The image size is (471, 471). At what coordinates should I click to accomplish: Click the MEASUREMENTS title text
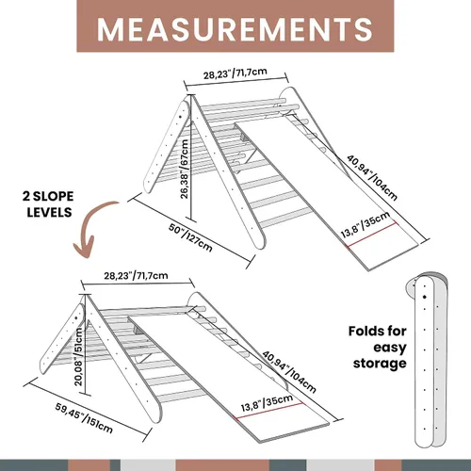tap(235, 29)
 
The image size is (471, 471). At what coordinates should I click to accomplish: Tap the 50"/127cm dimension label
tap(190, 237)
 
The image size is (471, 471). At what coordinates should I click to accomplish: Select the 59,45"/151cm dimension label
tap(84, 418)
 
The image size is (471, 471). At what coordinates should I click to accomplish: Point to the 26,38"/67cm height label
tap(185, 169)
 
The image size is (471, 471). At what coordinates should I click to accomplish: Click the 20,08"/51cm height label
tap(78, 357)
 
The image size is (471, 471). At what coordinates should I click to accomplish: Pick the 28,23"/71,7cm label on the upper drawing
tap(235, 73)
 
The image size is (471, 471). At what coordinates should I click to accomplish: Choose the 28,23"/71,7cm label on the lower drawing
tap(136, 276)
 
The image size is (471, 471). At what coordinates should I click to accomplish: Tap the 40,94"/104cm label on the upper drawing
tap(372, 177)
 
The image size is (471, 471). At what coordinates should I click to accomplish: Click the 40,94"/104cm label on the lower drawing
tap(289, 372)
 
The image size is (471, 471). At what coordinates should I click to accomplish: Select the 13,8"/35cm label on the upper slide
tap(365, 224)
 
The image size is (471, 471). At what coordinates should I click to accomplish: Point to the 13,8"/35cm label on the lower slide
tap(267, 403)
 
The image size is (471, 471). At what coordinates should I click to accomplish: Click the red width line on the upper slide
tap(372, 235)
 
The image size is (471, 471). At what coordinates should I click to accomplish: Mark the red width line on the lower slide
tap(268, 411)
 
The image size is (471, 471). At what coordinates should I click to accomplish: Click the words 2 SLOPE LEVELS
tap(48, 204)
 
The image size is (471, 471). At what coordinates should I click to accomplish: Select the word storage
tap(380, 364)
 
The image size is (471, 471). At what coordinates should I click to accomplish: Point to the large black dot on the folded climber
tap(425, 297)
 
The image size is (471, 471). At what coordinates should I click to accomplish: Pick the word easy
tap(390, 348)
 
